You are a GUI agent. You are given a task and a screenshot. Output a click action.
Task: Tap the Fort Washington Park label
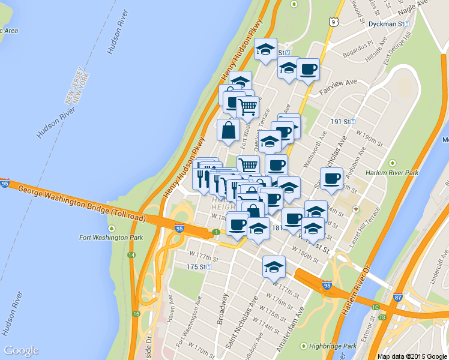(x=111, y=237)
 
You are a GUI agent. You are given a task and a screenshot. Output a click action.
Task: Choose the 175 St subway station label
(x=197, y=266)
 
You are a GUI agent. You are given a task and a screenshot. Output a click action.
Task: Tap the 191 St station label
(x=343, y=121)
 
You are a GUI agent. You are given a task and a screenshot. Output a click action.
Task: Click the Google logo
(x=21, y=351)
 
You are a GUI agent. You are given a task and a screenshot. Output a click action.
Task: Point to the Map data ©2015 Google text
(x=412, y=356)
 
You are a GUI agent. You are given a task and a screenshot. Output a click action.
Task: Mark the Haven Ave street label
(x=170, y=308)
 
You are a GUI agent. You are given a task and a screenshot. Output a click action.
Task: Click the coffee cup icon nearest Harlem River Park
(x=332, y=178)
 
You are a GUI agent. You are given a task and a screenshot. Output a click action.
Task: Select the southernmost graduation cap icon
(x=274, y=266)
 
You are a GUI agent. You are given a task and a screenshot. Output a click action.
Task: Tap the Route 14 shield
(x=131, y=255)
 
